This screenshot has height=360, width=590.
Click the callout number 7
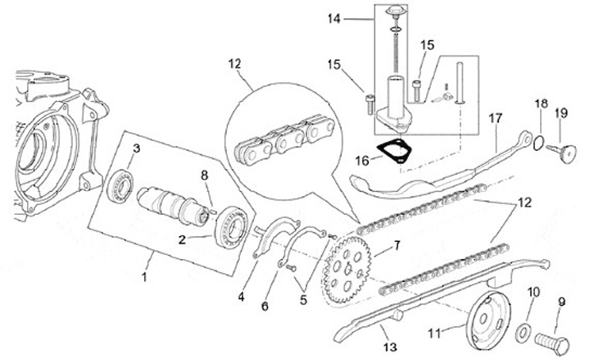click(x=397, y=244)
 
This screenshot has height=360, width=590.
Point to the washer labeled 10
click(x=522, y=332)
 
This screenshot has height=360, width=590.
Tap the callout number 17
click(x=495, y=117)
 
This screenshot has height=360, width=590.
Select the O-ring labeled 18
click(x=536, y=144)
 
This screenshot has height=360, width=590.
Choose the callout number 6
click(x=265, y=306)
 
